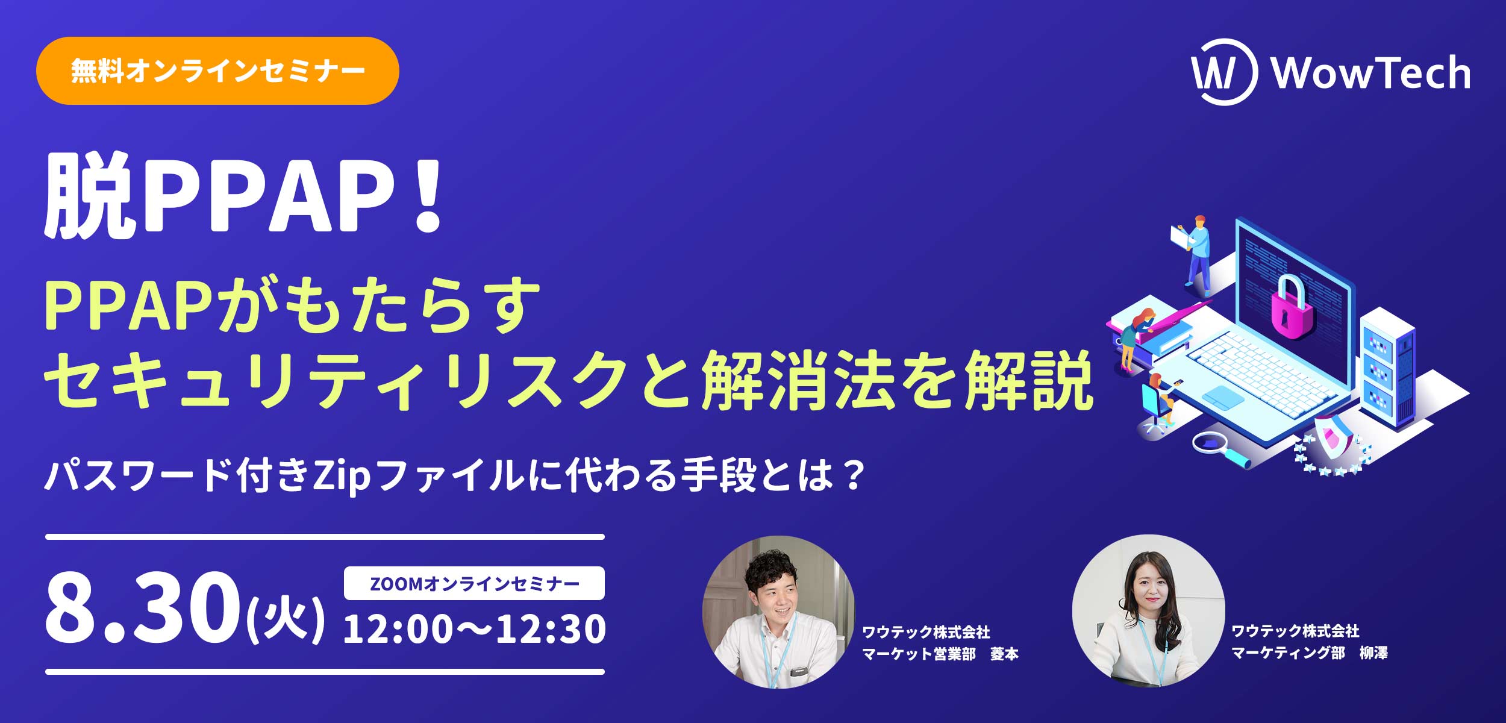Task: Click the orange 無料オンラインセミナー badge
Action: click(x=217, y=71)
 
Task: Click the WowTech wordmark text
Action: click(x=1371, y=73)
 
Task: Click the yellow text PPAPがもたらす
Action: click(x=292, y=305)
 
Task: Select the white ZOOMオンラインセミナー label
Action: click(x=474, y=583)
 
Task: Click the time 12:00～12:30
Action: click(x=475, y=629)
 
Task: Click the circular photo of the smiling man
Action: click(x=779, y=612)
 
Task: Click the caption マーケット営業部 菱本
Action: click(x=940, y=654)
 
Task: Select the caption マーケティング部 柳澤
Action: click(x=1310, y=653)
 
